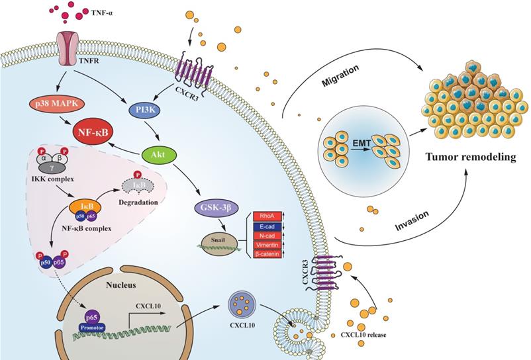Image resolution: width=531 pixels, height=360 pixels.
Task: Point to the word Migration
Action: [340, 68]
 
